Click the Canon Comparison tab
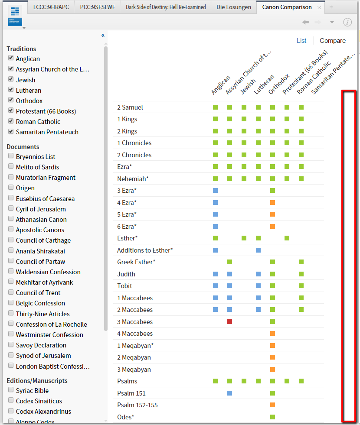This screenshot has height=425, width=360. [x=287, y=7]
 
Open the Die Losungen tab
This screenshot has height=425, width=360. [x=234, y=7]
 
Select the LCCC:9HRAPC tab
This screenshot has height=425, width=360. [x=51, y=7]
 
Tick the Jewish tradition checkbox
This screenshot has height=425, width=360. [x=11, y=80]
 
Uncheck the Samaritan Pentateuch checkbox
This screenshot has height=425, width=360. [x=11, y=132]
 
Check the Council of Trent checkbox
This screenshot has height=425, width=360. [x=11, y=292]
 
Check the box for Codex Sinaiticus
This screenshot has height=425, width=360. [x=11, y=401]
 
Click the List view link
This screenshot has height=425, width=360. [x=301, y=41]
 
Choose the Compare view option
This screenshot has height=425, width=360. [x=333, y=41]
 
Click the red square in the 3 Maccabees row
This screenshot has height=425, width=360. [x=229, y=321]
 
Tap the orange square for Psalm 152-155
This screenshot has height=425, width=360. [x=272, y=405]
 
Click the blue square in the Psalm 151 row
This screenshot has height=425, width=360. [x=229, y=393]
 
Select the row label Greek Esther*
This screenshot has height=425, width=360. [x=136, y=262]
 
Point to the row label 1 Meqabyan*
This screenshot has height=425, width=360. [x=135, y=345]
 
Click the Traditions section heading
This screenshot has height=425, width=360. [x=21, y=49]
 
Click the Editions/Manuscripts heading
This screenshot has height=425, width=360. [x=37, y=380]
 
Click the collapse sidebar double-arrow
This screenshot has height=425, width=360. [x=103, y=35]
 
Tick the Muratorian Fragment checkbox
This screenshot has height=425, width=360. [x=11, y=177]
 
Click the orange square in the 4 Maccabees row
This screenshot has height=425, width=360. [x=272, y=334]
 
